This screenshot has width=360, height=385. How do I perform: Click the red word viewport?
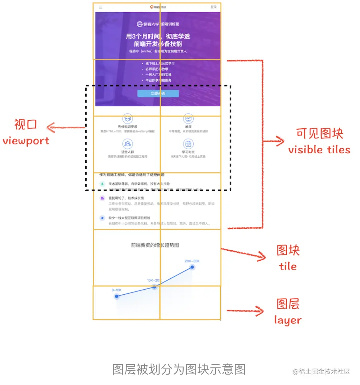coord(26,141)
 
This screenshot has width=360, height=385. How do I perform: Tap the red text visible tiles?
coord(319,149)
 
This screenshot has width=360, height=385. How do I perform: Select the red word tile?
coord(288,266)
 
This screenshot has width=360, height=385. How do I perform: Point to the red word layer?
coord(288,320)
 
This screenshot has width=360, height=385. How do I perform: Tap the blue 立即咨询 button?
coord(158,94)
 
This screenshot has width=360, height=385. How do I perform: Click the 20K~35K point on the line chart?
coord(193,267)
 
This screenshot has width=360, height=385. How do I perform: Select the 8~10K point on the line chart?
coord(116,296)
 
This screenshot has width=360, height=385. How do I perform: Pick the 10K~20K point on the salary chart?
coord(155,286)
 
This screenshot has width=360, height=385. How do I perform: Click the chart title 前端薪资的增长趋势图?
coord(155,245)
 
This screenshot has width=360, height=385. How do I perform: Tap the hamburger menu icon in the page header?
coord(101,7)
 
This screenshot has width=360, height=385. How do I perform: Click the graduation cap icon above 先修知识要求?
coord(127,119)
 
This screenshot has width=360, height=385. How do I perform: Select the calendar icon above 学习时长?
coord(188,144)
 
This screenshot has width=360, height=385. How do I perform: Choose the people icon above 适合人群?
coord(127,144)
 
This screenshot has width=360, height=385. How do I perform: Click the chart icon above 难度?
coord(188,119)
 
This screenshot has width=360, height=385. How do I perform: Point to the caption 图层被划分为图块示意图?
coord(179,369)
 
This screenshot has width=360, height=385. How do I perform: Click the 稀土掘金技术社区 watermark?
coord(321,371)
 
